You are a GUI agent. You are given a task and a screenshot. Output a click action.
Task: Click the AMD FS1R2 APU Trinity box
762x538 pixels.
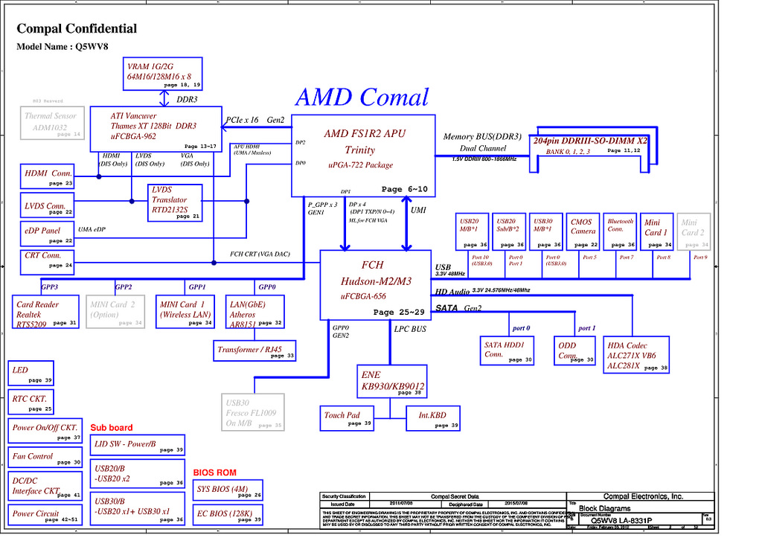(x=362, y=155)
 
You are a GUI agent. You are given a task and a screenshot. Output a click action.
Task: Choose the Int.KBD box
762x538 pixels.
(x=434, y=417)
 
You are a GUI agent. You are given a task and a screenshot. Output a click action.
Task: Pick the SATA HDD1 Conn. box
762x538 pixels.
(x=508, y=350)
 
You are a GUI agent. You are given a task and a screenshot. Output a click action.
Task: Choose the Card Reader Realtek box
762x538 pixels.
(x=45, y=313)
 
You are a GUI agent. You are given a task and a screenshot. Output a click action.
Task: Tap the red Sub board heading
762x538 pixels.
(x=112, y=428)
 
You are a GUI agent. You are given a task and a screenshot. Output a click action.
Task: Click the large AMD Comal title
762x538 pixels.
(x=362, y=97)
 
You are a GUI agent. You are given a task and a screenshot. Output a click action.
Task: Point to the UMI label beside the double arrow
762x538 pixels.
(x=419, y=211)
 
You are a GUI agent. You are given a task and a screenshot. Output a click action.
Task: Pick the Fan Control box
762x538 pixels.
(x=46, y=458)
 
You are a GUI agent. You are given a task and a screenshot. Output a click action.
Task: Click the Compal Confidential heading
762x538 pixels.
(x=77, y=29)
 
